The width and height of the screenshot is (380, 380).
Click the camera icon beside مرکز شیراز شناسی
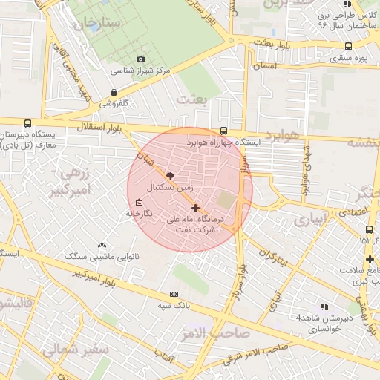141,59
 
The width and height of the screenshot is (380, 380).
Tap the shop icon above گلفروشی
113,93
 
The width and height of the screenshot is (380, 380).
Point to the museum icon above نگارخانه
139,203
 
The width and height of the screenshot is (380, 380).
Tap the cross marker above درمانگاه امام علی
195,208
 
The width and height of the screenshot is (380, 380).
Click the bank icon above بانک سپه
174,294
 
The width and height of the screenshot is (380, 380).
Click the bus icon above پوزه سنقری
348,46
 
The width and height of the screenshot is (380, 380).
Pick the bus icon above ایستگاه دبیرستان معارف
27,124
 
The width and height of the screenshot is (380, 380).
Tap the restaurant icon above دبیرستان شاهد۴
324,306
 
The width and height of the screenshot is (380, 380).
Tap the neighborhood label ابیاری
309,220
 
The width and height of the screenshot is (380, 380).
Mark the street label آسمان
264,66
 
